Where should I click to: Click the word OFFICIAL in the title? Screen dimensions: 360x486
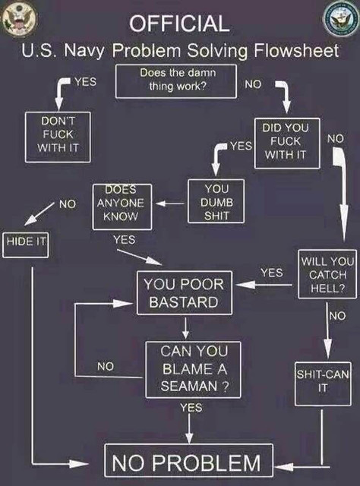point(179,24)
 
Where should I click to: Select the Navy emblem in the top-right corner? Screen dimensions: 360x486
point(341,19)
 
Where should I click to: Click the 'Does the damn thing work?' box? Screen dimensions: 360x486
point(176,81)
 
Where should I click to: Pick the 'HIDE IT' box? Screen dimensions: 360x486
point(25,245)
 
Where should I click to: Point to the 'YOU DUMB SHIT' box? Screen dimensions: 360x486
point(216,201)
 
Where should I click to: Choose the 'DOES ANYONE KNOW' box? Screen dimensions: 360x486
point(122,207)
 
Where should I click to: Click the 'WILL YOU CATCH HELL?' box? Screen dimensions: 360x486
point(327,274)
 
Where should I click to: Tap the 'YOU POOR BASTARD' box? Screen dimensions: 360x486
point(185,293)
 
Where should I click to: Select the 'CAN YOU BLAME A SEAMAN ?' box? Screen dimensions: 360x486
point(193,370)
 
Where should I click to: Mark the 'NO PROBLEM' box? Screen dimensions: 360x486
point(189,461)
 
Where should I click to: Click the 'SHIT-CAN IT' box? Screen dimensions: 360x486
point(323,383)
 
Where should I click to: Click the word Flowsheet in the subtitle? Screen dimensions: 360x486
point(296,51)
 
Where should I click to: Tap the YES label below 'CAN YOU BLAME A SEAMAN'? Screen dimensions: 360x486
point(191,407)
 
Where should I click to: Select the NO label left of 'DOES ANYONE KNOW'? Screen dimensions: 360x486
point(68,204)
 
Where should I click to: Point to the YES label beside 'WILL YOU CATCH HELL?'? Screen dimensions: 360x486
point(272,273)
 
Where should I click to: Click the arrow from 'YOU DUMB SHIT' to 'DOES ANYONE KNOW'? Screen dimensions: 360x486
point(170,204)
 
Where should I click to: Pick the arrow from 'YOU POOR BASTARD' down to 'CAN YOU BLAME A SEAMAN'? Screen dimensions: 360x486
point(185,328)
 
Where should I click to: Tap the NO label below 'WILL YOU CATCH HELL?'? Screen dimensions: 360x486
point(337,316)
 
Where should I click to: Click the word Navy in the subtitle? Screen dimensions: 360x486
point(84,51)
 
